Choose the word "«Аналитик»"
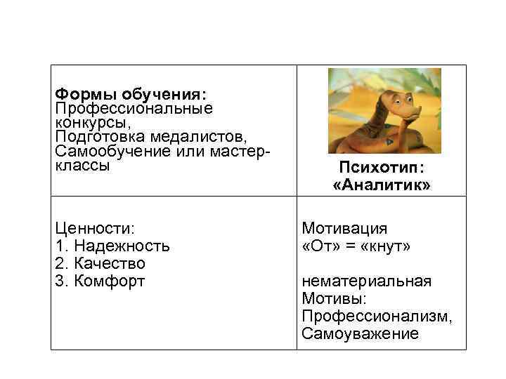click(382, 185)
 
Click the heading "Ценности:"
click(95, 229)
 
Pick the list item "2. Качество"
click(100, 264)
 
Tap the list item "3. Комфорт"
click(100, 281)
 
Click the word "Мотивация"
click(344, 229)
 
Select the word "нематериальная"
click(365, 281)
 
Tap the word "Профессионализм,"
click(377, 317)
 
